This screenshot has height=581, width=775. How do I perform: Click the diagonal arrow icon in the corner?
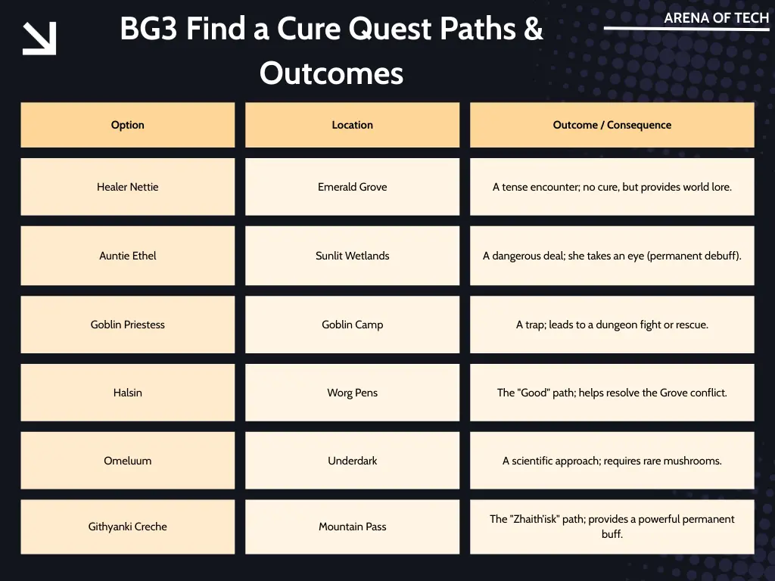(x=39, y=39)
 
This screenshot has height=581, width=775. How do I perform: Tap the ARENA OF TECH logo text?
(x=716, y=18)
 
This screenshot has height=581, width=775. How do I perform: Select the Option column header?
(x=127, y=125)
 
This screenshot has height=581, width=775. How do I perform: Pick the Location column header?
(x=352, y=125)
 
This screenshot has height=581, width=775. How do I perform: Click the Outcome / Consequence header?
(x=612, y=125)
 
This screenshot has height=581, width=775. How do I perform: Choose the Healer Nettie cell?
(x=127, y=187)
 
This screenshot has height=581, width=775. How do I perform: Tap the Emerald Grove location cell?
(x=352, y=187)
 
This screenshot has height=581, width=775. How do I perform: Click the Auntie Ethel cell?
(x=127, y=256)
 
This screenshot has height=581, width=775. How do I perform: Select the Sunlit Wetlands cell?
(x=352, y=256)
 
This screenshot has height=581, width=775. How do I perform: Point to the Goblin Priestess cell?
(x=127, y=325)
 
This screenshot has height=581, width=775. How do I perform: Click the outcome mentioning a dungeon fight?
(x=612, y=325)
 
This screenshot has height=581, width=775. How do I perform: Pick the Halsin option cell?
(x=127, y=393)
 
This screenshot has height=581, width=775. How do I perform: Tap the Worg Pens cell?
(x=352, y=393)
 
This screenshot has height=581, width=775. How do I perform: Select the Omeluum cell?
(x=127, y=461)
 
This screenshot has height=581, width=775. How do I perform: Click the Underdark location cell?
(x=352, y=461)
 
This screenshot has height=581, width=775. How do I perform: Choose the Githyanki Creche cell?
(x=127, y=527)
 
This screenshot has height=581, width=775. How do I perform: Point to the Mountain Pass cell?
(x=352, y=527)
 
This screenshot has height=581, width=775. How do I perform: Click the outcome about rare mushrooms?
(x=612, y=461)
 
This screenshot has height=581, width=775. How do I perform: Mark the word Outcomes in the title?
(x=331, y=73)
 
